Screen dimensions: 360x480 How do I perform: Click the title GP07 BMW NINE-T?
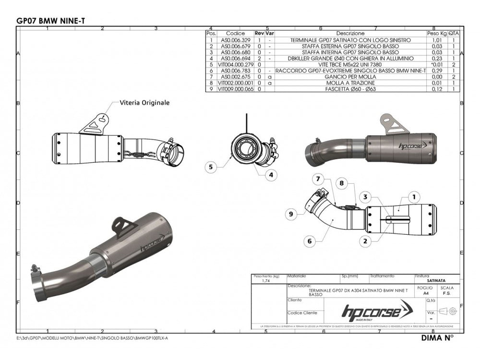51,20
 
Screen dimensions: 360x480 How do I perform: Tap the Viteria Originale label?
144,102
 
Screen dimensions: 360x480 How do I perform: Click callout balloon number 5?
210,167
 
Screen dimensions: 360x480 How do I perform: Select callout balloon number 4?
271,175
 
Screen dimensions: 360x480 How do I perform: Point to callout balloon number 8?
355,182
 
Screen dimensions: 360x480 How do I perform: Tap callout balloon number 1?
414,196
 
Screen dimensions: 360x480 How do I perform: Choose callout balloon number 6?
310,241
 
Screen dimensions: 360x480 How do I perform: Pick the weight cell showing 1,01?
437,40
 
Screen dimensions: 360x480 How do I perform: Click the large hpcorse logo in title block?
370,312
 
